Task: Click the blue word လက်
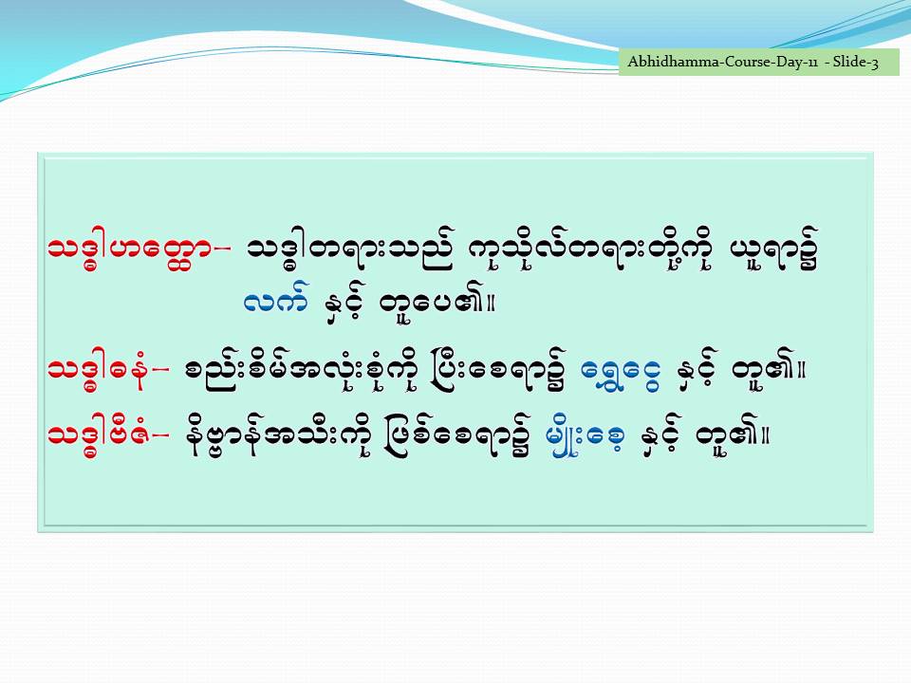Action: pyautogui.click(x=276, y=300)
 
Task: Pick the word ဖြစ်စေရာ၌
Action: pyautogui.click(x=457, y=435)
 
